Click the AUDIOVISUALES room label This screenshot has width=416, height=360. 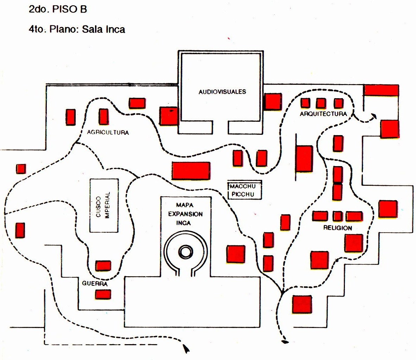point(222,92)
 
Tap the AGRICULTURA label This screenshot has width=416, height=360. point(108,133)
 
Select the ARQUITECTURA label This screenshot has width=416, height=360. point(323,114)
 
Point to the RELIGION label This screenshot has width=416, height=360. point(338,228)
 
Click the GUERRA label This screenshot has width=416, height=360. point(94,284)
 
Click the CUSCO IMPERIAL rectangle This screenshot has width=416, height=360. point(104,206)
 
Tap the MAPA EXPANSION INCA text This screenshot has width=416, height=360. point(185,214)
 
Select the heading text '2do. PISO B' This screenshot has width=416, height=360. point(58,10)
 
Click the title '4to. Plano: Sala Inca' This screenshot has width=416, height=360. point(77,29)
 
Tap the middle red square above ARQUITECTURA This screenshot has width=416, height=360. point(321,103)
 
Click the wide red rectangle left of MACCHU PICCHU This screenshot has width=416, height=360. point(191,171)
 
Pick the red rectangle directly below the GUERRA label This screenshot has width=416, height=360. point(103,294)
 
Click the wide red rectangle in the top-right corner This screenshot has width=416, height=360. point(381,90)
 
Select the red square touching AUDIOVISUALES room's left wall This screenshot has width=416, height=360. point(169,116)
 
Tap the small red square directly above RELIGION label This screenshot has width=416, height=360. point(338,216)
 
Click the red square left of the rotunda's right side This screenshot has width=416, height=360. point(236,254)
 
